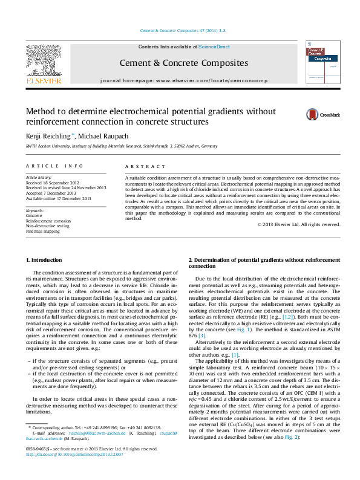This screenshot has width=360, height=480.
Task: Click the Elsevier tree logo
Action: tap(43, 63)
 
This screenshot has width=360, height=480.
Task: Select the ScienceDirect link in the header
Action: tap(214, 47)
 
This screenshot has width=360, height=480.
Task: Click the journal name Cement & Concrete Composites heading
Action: tap(183, 63)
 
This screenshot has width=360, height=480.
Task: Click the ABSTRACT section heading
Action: tap(145, 166)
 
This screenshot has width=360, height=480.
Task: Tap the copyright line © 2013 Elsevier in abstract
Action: tap(299, 224)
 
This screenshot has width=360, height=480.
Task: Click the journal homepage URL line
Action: tap(183, 80)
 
